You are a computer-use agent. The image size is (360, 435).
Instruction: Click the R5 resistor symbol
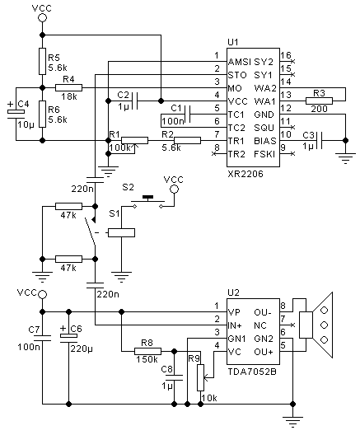click(42, 61)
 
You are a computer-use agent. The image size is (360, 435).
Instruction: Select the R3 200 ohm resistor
click(319, 101)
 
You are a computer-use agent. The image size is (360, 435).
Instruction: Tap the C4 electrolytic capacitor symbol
click(16, 114)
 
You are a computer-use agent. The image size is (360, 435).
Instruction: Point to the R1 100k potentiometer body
click(135, 140)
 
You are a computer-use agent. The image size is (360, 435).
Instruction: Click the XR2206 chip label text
click(245, 174)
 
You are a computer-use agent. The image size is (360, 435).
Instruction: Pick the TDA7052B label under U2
click(252, 372)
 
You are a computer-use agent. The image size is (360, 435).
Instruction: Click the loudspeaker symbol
click(316, 325)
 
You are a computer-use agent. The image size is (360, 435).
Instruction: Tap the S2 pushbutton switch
click(147, 201)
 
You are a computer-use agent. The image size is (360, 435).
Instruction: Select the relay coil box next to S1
click(121, 232)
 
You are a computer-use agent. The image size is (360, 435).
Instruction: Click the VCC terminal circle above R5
click(43, 18)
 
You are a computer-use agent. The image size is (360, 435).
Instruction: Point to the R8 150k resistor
click(147, 352)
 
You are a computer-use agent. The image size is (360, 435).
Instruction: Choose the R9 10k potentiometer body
click(200, 378)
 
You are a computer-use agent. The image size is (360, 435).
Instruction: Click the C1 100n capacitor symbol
click(187, 114)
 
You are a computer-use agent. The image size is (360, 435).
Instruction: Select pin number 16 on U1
click(285, 55)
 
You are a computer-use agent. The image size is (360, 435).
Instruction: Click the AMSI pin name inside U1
click(239, 62)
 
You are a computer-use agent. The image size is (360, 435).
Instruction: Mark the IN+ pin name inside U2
click(235, 325)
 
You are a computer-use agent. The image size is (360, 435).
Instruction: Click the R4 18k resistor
click(68, 88)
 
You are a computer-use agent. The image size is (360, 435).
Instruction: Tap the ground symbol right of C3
click(345, 158)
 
